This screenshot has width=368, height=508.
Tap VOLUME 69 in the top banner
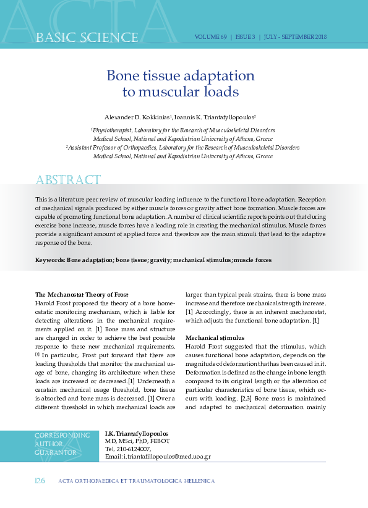click(x=211, y=37)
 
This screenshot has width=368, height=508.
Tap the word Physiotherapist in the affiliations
click(x=114, y=130)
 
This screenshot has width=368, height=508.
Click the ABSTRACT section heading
click(x=68, y=180)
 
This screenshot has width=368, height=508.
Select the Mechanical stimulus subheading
click(x=215, y=338)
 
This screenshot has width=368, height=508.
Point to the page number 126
click(x=39, y=480)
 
